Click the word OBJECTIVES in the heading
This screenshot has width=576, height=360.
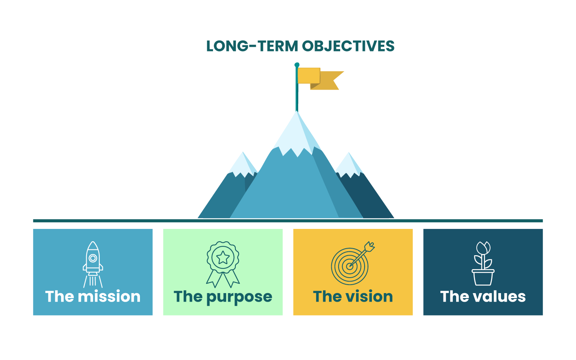(x=348, y=46)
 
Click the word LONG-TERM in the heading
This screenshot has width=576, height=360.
(x=252, y=46)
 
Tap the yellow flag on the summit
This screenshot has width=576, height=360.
(x=319, y=78)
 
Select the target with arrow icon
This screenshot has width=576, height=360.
(x=352, y=263)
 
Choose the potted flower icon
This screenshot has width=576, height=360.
(x=483, y=263)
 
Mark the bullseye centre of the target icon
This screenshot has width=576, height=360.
(x=349, y=266)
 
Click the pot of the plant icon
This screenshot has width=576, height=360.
(x=483, y=277)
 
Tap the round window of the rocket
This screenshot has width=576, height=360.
(x=93, y=258)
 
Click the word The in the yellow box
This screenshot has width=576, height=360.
(x=327, y=297)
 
